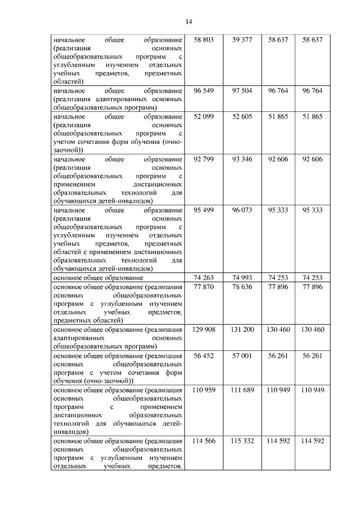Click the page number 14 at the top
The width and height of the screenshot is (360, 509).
[188, 21]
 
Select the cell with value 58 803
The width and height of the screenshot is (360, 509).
[204, 40]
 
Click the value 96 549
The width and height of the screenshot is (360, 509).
[204, 90]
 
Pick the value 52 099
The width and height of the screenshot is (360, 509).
[204, 116]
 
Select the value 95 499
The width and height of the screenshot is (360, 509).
[204, 210]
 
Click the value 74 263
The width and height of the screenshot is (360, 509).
[204, 278]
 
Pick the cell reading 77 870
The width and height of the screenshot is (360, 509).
[204, 287]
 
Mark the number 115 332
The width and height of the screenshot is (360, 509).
[242, 440]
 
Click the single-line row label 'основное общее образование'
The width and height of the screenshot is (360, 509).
[98, 278]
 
